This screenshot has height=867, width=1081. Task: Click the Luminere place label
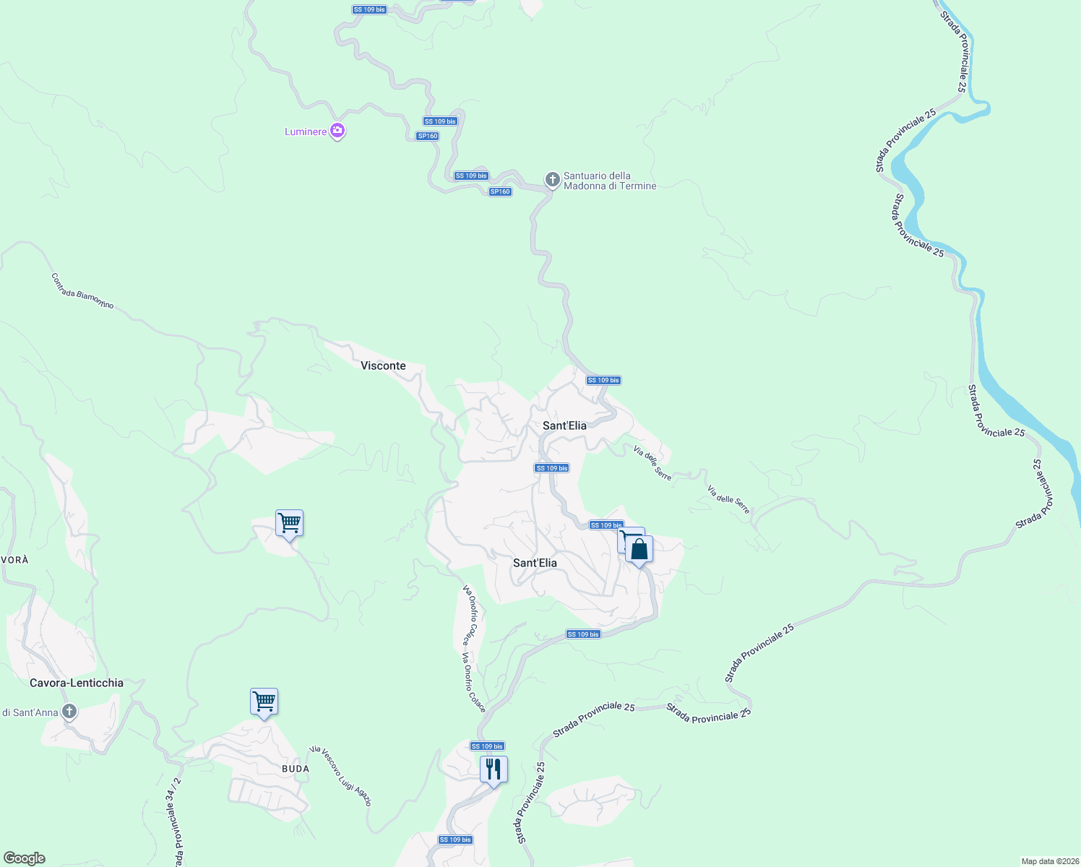tap(306, 131)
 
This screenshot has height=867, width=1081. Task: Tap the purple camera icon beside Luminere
tap(337, 131)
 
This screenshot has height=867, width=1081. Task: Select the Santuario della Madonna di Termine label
tap(609, 181)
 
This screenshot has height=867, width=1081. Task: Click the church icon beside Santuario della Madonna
tap(552, 180)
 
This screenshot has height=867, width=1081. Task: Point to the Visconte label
tap(383, 366)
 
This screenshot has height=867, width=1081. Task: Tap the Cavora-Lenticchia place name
tap(77, 683)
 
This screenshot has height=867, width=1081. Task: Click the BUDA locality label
tap(296, 769)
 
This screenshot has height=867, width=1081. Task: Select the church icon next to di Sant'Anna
tap(69, 712)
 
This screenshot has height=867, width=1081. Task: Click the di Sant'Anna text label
tap(30, 712)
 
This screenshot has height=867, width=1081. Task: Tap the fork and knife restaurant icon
tap(494, 769)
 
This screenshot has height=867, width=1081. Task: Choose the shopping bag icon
tap(639, 549)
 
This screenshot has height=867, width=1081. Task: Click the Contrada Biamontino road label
tap(82, 290)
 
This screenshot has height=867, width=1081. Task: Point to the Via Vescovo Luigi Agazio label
tap(340, 776)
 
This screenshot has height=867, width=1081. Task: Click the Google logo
tap(25, 858)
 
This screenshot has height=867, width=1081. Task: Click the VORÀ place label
tap(14, 560)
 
